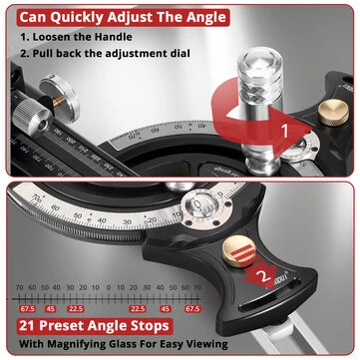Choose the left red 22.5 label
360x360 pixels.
pyautogui.click(x=76, y=309)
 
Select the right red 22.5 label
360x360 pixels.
pyautogui.click(x=138, y=309)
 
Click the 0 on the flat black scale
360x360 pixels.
pyautogui.click(x=108, y=289)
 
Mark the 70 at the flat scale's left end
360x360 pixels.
pyautogui.click(x=17, y=289)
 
